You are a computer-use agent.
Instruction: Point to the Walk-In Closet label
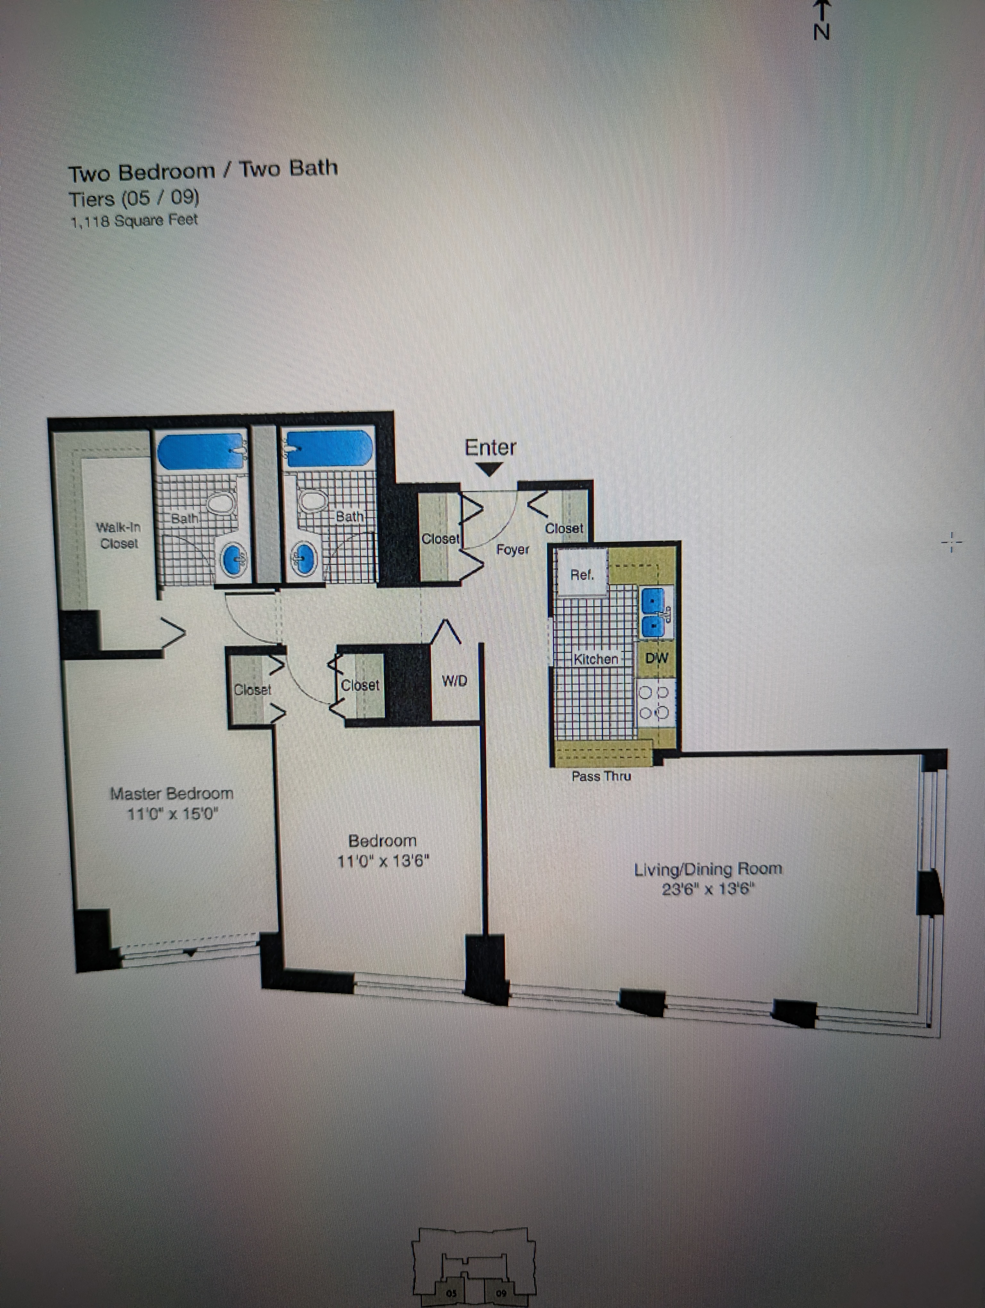(119, 535)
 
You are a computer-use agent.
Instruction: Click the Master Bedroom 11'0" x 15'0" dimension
(173, 814)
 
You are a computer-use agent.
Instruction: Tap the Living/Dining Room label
(708, 869)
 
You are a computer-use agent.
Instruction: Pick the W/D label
(454, 681)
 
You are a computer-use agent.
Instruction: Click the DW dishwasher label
(656, 658)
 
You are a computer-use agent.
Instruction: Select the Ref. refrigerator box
(582, 572)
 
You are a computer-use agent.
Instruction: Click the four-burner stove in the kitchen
(653, 702)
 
